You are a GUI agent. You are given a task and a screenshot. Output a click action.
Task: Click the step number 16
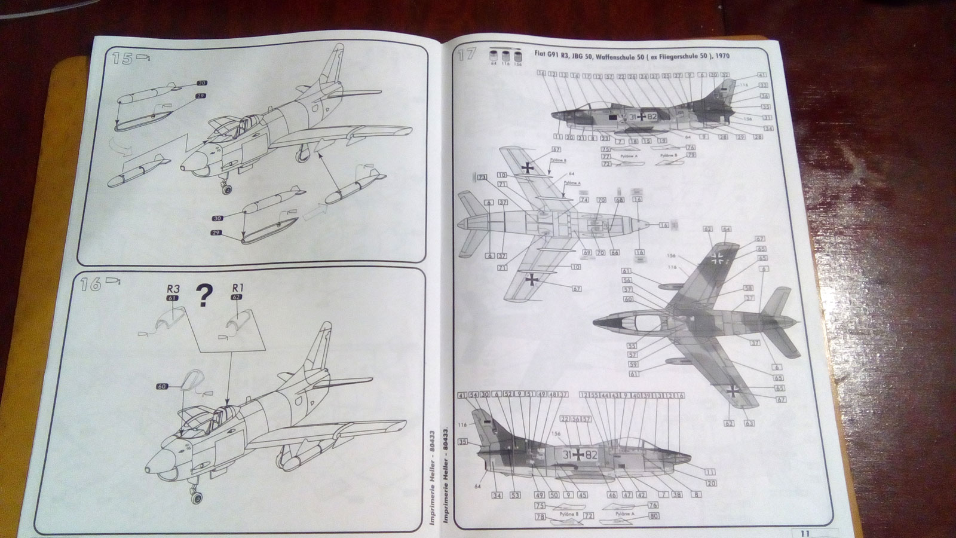click(91, 285)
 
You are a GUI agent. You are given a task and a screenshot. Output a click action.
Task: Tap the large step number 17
click(467, 56)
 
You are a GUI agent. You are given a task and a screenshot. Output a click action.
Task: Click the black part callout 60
click(162, 386)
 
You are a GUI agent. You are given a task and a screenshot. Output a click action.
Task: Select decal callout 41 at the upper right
click(761, 75)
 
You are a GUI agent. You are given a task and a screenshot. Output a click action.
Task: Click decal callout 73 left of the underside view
click(482, 177)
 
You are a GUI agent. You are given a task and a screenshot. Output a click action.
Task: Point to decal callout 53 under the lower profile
click(515, 495)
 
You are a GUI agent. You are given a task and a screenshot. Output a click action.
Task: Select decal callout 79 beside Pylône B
click(691, 155)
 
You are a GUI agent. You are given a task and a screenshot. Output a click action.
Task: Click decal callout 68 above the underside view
click(619, 200)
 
